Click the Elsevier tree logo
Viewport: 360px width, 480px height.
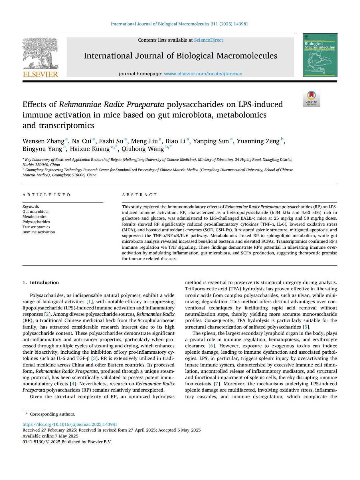pos(40,53)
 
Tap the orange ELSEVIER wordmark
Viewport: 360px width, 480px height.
pos(40,74)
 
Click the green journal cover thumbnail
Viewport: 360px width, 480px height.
pos(320,55)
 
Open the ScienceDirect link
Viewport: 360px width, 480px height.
pos(209,40)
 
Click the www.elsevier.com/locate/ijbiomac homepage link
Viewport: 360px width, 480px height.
pos(203,74)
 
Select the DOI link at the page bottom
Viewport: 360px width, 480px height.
pos(70,424)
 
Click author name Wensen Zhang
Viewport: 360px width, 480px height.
pos(43,141)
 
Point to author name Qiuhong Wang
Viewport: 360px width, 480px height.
pos(143,149)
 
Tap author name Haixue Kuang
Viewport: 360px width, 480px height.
pos(90,149)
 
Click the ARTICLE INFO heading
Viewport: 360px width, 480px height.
pos(46,195)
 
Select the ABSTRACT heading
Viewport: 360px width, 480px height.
pos(139,195)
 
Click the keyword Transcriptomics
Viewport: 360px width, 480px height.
pos(36,227)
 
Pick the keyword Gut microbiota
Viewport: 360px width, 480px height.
pos(35,212)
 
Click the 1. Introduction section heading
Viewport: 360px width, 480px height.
pos(41,282)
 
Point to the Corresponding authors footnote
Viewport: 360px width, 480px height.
pos(52,414)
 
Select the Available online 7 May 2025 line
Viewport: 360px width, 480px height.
pos(50,436)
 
